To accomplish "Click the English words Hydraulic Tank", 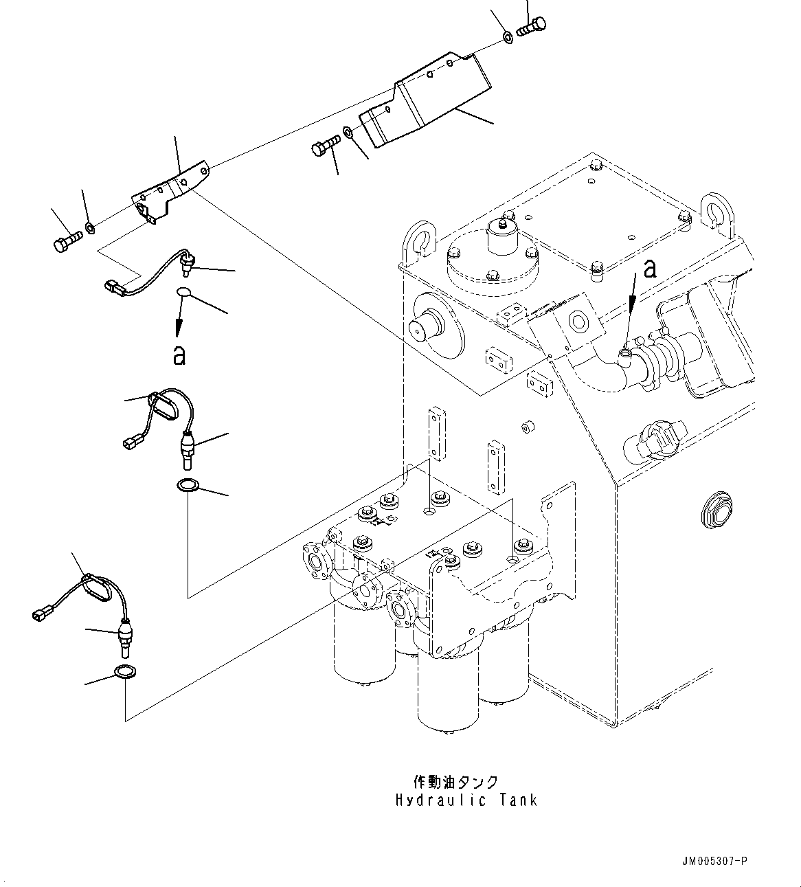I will (466, 800).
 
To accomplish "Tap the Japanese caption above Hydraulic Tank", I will (455, 783).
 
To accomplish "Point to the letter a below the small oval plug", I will (179, 355).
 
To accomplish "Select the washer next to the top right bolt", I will (507, 37).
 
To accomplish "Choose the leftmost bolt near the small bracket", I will (66, 240).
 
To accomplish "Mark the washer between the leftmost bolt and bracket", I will (90, 227).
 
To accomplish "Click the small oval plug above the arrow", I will (183, 293).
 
